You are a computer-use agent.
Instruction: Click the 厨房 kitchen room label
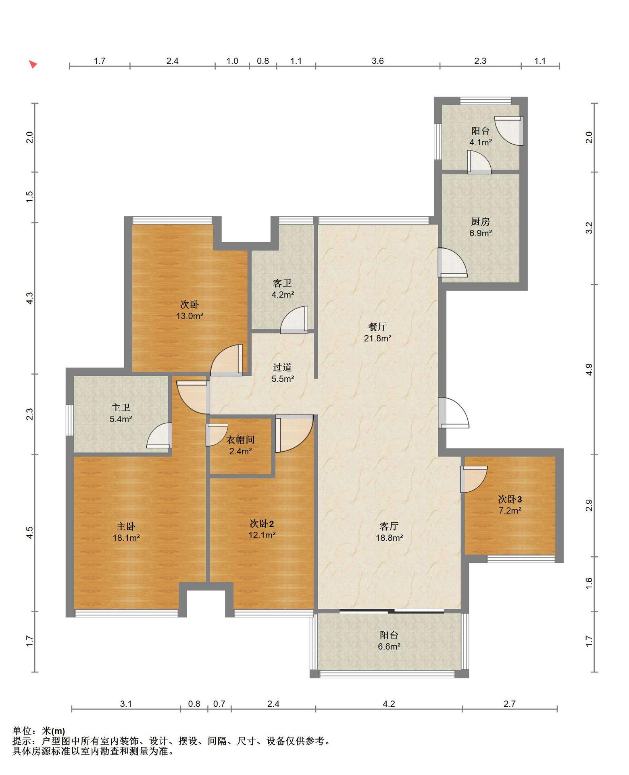480,222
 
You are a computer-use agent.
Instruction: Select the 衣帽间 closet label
240,440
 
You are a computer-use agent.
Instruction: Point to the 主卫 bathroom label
121,408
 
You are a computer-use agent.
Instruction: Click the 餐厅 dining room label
377,327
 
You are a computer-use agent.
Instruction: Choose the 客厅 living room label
389,526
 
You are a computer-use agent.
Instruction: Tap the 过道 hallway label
282,367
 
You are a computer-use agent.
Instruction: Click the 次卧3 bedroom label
510,499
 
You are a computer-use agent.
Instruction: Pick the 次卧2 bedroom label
262,524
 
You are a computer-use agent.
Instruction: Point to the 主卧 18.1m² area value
126,538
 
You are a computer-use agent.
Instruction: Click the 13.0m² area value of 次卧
190,316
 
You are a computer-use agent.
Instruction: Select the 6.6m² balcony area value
389,647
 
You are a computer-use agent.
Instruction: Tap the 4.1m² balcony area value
481,142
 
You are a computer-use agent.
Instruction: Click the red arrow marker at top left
33,64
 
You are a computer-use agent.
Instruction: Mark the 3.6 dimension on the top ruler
378,61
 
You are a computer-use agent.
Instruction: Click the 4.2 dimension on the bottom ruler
389,704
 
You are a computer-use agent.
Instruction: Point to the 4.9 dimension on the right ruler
589,370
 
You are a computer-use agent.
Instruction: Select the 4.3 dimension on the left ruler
29,298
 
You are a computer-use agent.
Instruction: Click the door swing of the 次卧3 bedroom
474,480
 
